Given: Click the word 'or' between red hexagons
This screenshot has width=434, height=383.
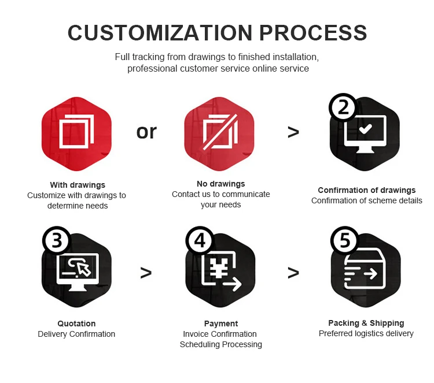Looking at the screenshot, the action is click(x=146, y=132).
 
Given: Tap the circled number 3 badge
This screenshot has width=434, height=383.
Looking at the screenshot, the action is click(x=56, y=241).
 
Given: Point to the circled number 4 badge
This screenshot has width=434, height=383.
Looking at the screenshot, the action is click(x=199, y=241).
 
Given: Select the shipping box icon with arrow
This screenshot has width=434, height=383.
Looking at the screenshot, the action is click(x=364, y=270).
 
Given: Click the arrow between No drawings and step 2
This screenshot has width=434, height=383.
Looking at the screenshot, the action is click(x=293, y=133).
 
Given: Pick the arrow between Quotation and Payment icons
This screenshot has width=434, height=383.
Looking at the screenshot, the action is click(x=146, y=272).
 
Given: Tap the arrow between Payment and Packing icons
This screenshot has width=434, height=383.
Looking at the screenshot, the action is click(x=293, y=272).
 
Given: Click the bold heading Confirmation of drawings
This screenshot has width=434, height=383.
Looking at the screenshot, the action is click(x=366, y=190).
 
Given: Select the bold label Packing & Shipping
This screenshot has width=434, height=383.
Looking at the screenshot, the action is click(x=366, y=323).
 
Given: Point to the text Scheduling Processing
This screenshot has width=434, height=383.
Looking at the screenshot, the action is click(x=220, y=344).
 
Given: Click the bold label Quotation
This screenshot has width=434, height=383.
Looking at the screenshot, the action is click(x=76, y=323).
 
